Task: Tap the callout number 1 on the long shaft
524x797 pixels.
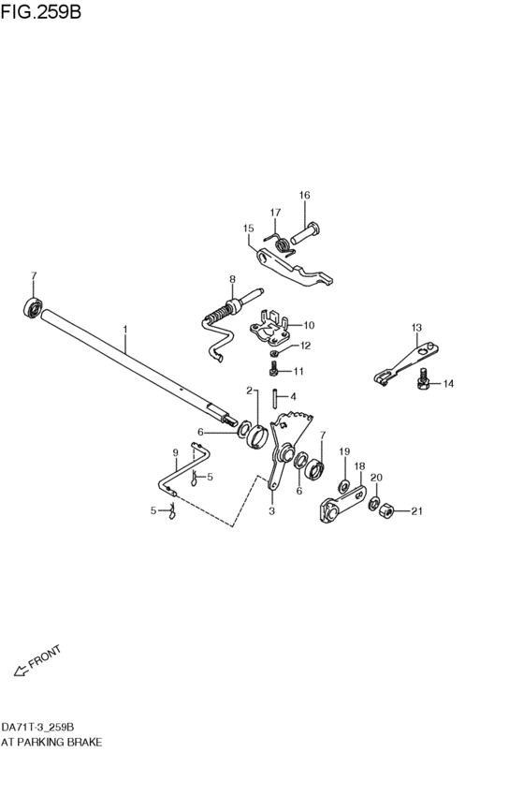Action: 125,330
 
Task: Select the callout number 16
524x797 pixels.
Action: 304,195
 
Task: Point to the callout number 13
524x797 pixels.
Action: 416,327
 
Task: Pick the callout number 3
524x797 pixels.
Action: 271,511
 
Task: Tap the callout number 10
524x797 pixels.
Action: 309,326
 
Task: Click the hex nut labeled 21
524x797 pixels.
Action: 383,509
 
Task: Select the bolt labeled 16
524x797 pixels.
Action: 306,229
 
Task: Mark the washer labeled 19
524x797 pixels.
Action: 343,484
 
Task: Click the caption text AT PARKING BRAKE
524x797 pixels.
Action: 51,741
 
